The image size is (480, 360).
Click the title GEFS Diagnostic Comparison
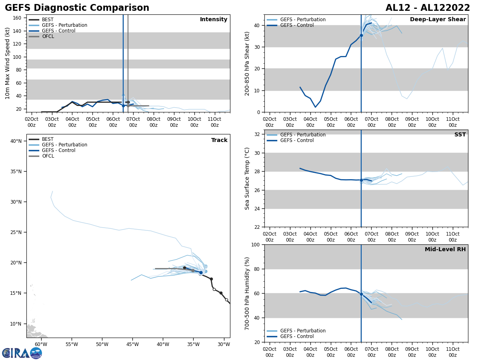point(77,8)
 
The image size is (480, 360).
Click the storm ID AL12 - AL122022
point(428,8)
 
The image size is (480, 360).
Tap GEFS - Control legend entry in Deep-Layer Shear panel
point(296,25)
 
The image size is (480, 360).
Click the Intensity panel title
point(214,20)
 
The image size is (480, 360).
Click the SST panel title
point(460,135)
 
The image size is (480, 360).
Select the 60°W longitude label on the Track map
point(41,344)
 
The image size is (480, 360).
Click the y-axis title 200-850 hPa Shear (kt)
point(248,63)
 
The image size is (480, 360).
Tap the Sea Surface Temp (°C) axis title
point(248,178)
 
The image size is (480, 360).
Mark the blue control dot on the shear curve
point(361,36)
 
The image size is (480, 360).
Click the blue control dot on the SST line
point(361,180)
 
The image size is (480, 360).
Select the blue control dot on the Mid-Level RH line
point(361,294)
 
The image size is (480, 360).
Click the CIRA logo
point(22,353)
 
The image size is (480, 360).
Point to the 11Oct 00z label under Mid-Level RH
point(452,352)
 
